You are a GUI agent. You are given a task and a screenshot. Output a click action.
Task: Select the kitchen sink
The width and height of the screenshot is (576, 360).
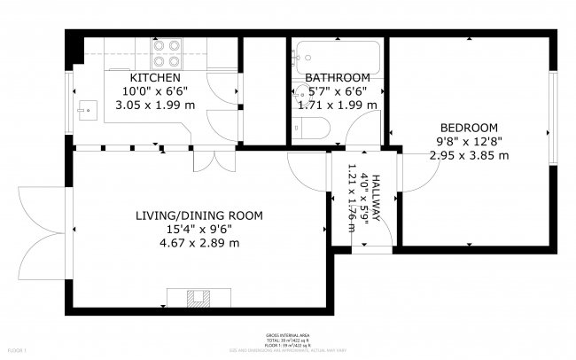point(86,110)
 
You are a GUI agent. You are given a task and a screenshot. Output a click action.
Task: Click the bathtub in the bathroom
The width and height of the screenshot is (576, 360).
point(337,55)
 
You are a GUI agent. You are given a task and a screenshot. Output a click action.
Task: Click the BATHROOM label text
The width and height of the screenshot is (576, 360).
point(338,78)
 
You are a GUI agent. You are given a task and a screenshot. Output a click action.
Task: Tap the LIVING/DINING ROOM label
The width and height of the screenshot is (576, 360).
point(199,215)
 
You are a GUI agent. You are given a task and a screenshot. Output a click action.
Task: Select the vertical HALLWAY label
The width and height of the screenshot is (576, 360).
point(377,196)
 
